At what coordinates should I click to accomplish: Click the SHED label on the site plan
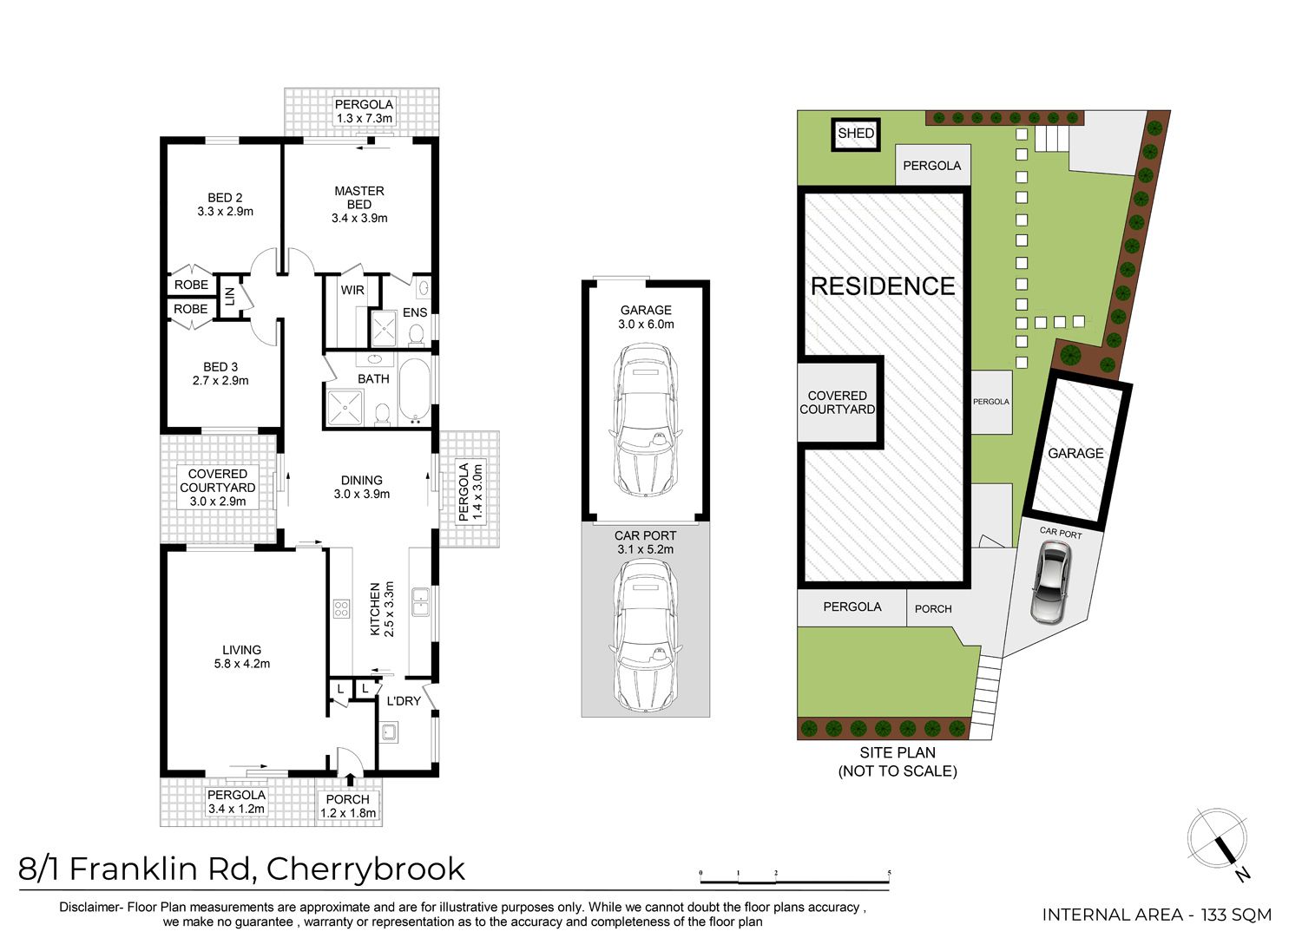coord(856,134)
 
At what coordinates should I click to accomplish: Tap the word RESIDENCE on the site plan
coord(883,286)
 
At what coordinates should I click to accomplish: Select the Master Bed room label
coord(359,198)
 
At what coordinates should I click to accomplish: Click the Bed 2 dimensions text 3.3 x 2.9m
coord(225,212)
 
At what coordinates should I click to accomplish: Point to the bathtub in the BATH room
coord(414,389)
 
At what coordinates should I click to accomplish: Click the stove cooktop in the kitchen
coord(341,608)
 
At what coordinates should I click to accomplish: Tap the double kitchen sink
coord(419,601)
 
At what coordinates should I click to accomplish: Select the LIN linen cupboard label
coord(230,296)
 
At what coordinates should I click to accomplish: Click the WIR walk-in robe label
coord(352,290)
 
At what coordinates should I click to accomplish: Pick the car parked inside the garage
coord(645,420)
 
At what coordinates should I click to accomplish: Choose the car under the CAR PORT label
coord(645,635)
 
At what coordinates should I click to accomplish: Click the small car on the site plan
coord(1051,582)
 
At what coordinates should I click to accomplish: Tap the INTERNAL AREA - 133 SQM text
coord(1157,915)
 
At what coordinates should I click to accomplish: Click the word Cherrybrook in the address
coord(365,870)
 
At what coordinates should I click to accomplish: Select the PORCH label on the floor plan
coord(347,800)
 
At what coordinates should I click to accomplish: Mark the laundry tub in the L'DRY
coord(389,733)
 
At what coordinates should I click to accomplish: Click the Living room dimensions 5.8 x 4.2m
coord(242,664)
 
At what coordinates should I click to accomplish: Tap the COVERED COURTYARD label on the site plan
coord(837,402)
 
